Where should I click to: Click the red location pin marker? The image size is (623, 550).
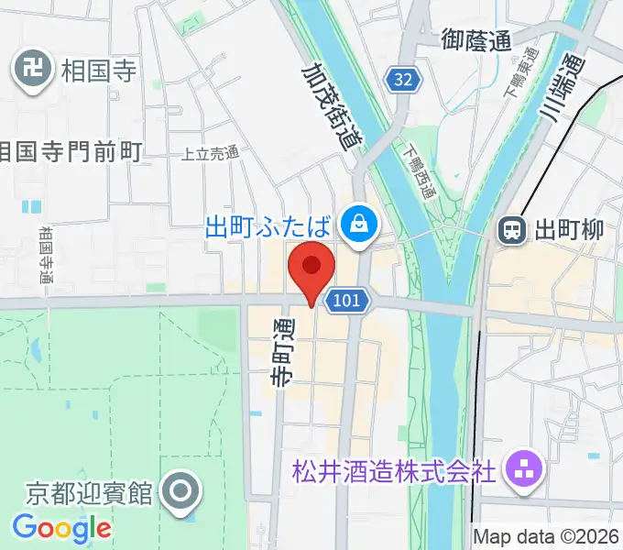click(311, 267)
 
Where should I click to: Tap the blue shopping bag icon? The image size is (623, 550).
click(355, 222)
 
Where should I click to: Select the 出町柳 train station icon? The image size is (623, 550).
click(510, 230)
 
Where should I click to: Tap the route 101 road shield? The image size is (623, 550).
click(347, 300)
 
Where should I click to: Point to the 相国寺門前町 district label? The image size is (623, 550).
click(71, 150)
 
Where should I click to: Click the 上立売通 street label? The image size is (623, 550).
click(210, 153)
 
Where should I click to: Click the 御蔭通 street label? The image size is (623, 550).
click(475, 40)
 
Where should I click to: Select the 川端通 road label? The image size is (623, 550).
click(561, 85)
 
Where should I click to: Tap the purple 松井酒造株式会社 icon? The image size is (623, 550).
click(529, 471)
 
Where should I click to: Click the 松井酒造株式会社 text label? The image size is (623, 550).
click(394, 472)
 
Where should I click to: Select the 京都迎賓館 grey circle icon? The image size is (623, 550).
click(180, 492)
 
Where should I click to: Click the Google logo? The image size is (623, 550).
click(61, 528)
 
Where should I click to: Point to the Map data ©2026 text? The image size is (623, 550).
click(547, 536)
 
